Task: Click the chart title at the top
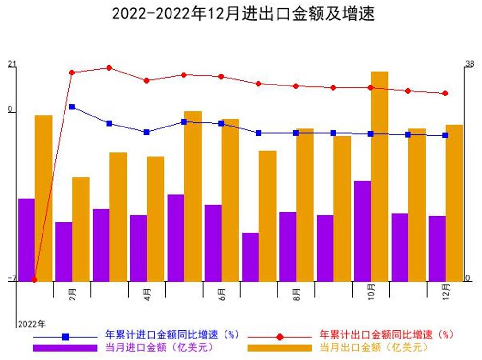point(243,13)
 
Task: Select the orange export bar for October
point(379,177)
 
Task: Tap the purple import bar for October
point(363,231)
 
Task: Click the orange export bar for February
point(81,229)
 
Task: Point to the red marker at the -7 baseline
point(34,280)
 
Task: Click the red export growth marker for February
point(72,73)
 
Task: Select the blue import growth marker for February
point(72,107)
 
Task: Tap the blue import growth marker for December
point(445,136)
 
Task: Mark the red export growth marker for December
point(445,94)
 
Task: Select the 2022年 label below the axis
point(32,325)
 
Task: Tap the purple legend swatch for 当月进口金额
point(65,348)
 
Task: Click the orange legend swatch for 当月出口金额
point(279,348)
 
